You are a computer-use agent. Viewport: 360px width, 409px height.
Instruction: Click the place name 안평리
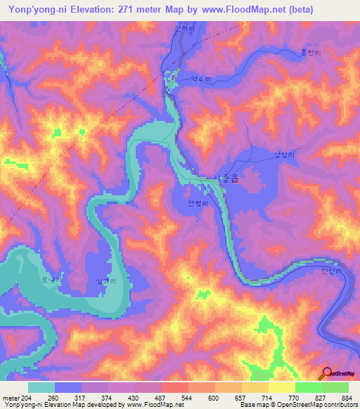click(200, 204)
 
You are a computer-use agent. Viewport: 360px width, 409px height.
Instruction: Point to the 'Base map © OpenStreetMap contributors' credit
click(297, 405)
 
